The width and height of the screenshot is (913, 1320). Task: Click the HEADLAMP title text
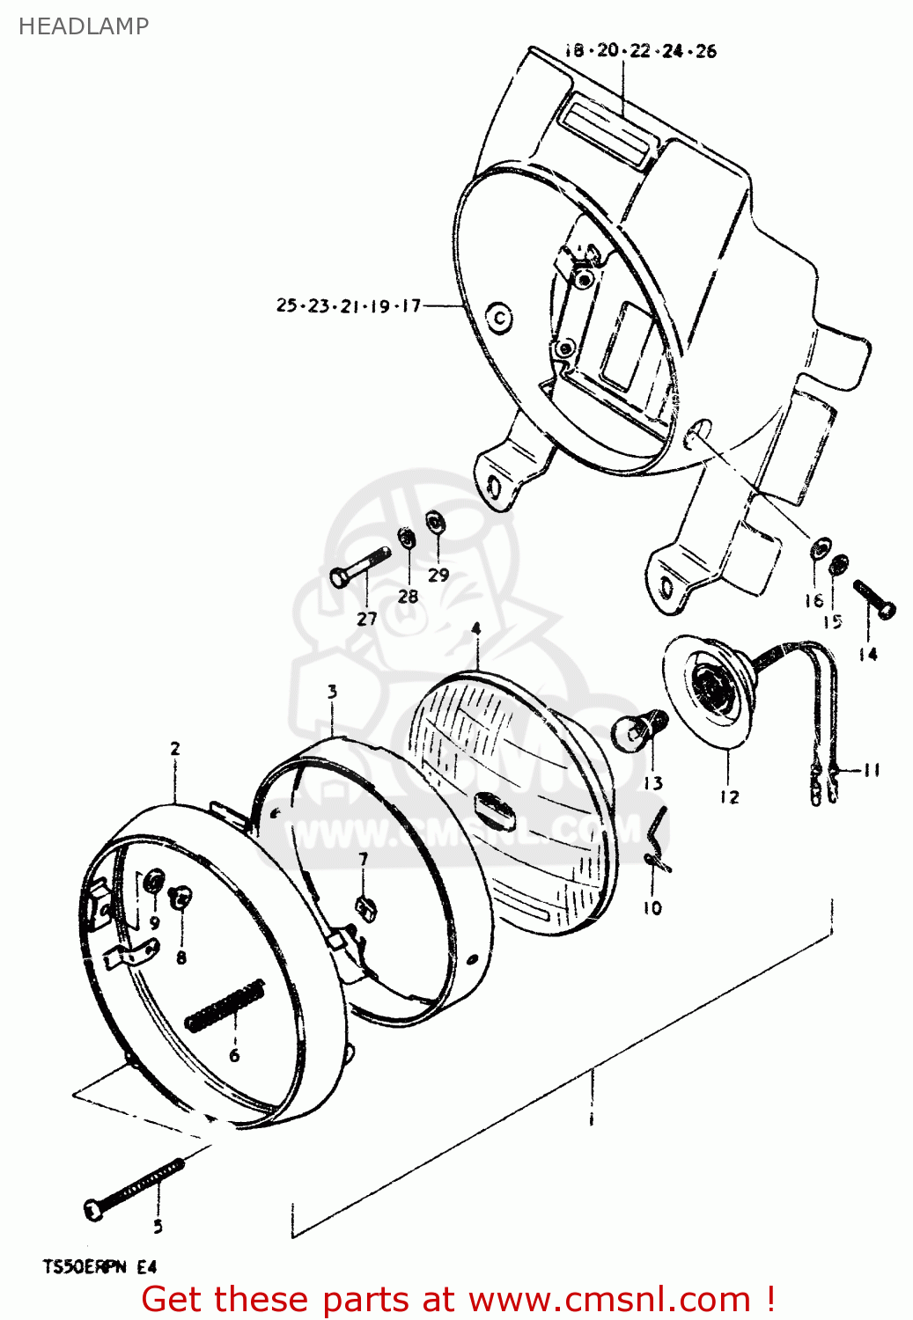click(84, 26)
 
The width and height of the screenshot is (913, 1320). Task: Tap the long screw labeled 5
click(136, 1188)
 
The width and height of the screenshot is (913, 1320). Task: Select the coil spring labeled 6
click(225, 1005)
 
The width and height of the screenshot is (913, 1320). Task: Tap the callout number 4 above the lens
click(475, 628)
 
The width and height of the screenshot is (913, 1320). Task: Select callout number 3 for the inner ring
click(332, 692)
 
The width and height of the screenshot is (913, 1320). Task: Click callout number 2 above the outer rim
click(175, 749)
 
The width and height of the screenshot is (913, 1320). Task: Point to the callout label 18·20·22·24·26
click(640, 51)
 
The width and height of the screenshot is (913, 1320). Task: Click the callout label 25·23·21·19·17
click(349, 306)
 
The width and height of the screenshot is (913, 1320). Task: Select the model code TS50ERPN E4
click(99, 1267)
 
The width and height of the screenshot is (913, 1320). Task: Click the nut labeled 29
click(434, 522)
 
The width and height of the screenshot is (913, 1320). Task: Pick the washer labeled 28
click(406, 537)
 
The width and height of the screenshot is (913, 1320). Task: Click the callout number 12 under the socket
click(729, 797)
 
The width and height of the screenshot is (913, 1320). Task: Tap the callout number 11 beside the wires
click(871, 771)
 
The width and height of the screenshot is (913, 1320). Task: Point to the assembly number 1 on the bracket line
click(591, 1120)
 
